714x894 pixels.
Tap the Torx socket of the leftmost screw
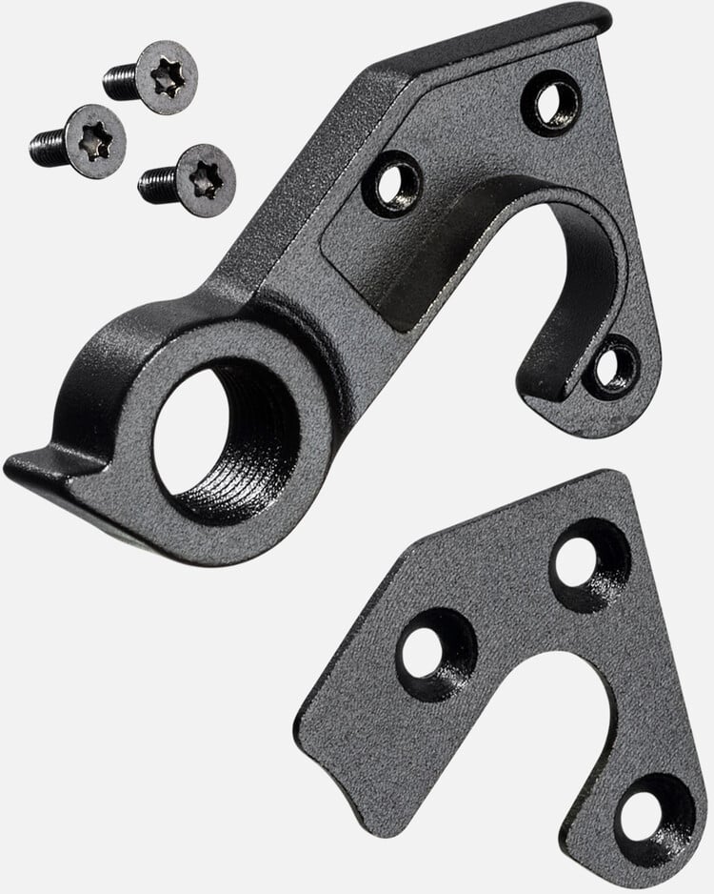(x=96, y=141)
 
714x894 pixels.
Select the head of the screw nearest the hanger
(x=206, y=179)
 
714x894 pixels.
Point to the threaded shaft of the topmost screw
(x=121, y=81)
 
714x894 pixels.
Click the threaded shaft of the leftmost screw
(x=48, y=146)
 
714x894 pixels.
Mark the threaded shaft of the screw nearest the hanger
(x=157, y=183)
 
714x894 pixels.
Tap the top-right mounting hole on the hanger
(x=554, y=101)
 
